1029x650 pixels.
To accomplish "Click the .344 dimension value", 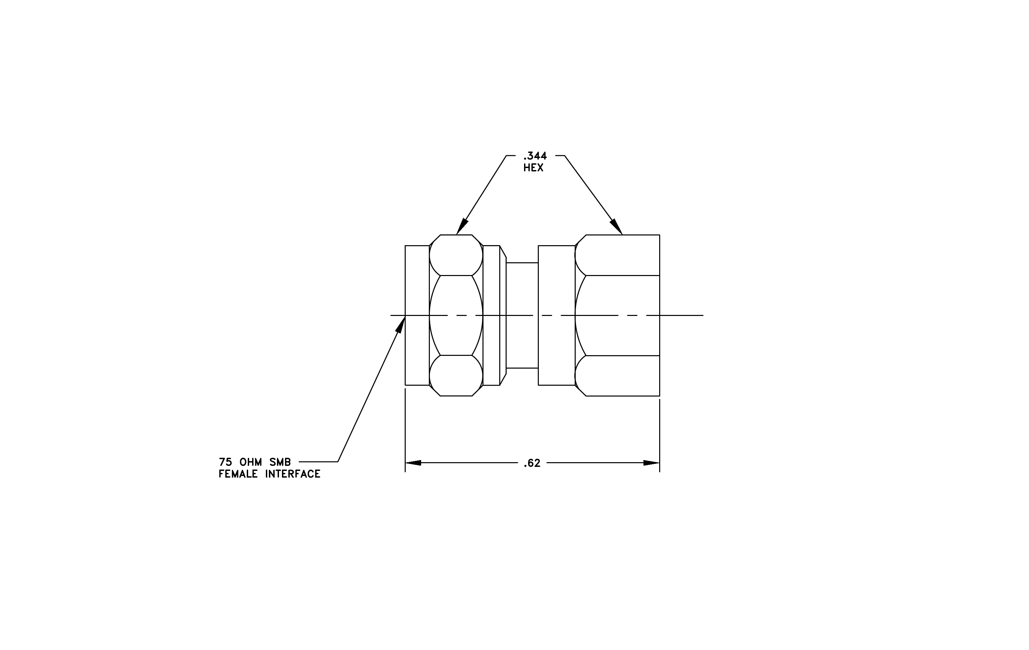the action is (535, 156).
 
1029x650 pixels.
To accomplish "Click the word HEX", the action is (533, 168).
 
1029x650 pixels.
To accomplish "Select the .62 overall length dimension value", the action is (532, 463).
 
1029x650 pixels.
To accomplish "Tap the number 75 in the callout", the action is (226, 462).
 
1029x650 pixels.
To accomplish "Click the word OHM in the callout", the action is (251, 462).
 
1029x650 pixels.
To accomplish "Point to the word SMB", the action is (280, 462).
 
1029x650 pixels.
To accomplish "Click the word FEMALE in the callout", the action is (238, 474).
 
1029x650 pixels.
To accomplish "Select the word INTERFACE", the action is (293, 474).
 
